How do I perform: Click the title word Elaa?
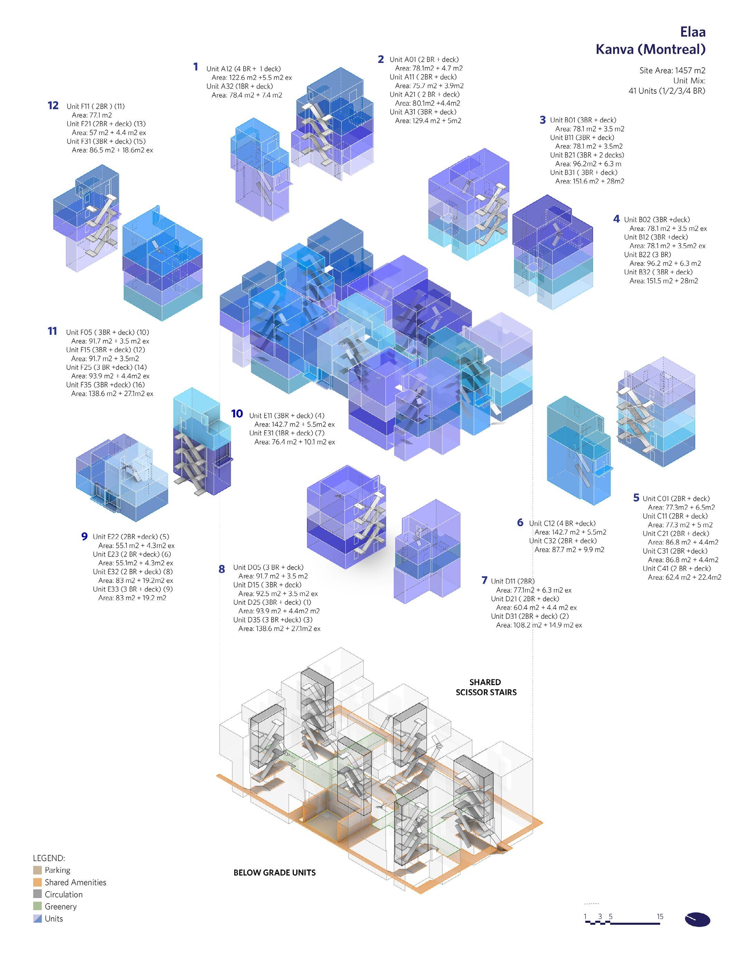[x=693, y=32]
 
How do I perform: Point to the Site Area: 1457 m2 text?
[x=672, y=70]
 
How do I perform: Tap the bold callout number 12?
[x=53, y=105]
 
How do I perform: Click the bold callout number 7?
[x=484, y=580]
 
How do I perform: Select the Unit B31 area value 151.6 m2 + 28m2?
[x=589, y=181]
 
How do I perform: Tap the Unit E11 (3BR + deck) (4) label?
[x=287, y=415]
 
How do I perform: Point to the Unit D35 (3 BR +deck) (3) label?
[x=273, y=619]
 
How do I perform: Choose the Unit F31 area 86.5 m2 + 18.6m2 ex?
[x=112, y=150]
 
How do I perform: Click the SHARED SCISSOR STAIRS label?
[x=486, y=687]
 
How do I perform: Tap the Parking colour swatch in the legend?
[x=37, y=870]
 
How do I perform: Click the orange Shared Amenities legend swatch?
[x=37, y=882]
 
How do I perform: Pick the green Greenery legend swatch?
[x=37, y=907]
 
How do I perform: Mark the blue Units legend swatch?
[x=37, y=919]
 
